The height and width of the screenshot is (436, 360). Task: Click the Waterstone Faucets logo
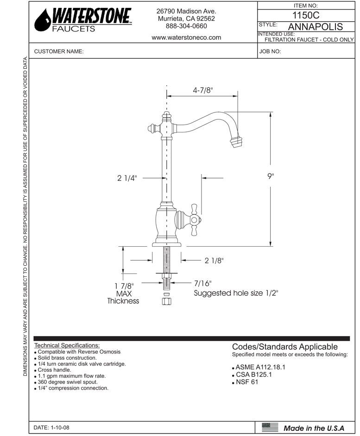click(x=83, y=20)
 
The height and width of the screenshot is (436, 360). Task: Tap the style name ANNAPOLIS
click(x=315, y=26)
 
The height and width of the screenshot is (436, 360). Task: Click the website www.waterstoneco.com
click(x=186, y=37)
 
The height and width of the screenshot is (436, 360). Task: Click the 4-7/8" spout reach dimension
click(x=202, y=90)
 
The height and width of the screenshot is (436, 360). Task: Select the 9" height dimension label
click(x=271, y=176)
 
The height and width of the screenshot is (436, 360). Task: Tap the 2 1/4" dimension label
click(x=127, y=178)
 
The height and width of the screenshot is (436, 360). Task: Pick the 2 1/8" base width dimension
click(x=214, y=261)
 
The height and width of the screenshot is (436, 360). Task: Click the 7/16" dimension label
click(x=202, y=283)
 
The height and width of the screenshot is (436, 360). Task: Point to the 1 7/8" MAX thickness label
click(x=123, y=293)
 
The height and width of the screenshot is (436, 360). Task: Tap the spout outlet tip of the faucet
click(x=237, y=140)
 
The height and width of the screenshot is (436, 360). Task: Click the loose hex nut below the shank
click(x=166, y=302)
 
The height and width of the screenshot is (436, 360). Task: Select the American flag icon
click(x=270, y=427)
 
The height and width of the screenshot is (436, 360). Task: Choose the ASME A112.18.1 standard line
click(x=260, y=367)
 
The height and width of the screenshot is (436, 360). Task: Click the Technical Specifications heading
click(x=67, y=345)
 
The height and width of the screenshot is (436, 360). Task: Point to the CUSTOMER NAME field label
click(x=59, y=52)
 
